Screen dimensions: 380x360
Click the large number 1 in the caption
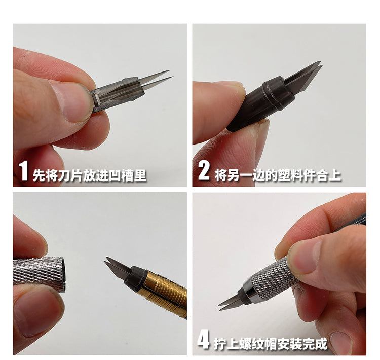coord(24,171)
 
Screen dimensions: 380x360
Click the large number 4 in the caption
coord(203,340)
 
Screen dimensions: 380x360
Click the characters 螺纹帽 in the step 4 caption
coord(257,343)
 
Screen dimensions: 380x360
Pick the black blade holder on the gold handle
coord(135,278)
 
